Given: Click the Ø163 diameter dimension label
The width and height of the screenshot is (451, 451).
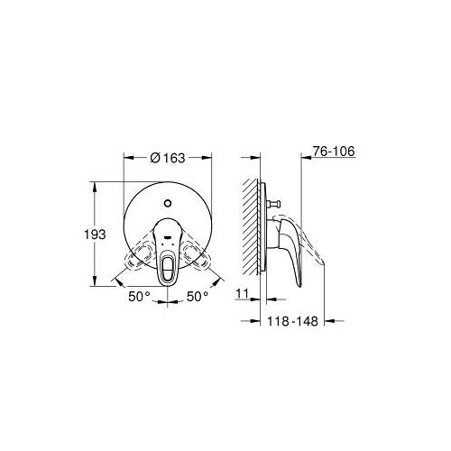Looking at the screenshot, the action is pyautogui.click(x=168, y=158).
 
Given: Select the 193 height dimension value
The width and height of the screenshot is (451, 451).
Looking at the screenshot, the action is pyautogui.click(x=95, y=235).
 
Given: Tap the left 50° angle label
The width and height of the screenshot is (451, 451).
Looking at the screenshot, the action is pyautogui.click(x=139, y=297).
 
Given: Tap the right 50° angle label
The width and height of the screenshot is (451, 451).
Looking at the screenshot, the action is pyautogui.click(x=198, y=297).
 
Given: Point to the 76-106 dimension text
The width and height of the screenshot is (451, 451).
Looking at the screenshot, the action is pyautogui.click(x=334, y=152).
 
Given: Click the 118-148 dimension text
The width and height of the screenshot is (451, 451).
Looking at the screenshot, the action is pyautogui.click(x=292, y=321).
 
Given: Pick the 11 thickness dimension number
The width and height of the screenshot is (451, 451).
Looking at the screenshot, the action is pyautogui.click(x=243, y=293).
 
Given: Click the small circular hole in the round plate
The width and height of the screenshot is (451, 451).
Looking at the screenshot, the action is pyautogui.click(x=168, y=203).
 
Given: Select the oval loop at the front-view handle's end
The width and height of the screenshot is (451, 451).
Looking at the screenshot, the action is pyautogui.click(x=166, y=267).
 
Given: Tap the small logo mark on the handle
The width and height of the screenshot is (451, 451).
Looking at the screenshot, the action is pyautogui.click(x=167, y=237).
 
